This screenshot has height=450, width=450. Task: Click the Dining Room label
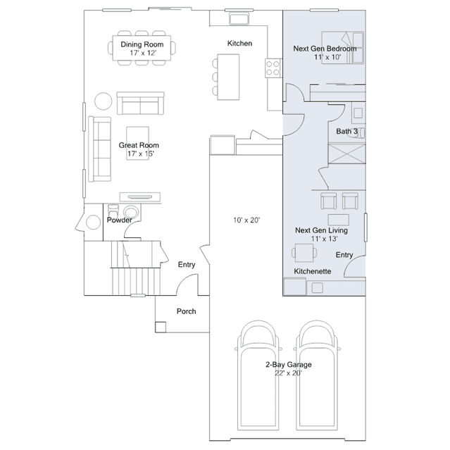click(x=142, y=44)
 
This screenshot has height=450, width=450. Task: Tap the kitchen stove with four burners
click(x=273, y=68)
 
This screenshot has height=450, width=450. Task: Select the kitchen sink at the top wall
click(x=239, y=18)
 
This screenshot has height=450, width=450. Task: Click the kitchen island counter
click(x=228, y=77)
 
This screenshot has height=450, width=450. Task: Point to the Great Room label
click(x=139, y=145)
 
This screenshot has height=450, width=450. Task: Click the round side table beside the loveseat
click(x=104, y=101)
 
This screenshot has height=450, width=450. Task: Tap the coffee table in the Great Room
click(x=138, y=143)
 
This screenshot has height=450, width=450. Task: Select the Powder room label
click(x=120, y=220)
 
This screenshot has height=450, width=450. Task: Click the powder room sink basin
click(x=131, y=213)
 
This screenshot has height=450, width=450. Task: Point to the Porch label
click(x=186, y=311)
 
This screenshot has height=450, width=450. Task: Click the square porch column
click(x=161, y=327)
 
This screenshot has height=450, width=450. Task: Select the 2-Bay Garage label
click(x=289, y=365)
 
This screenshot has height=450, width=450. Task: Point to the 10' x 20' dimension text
click(x=246, y=220)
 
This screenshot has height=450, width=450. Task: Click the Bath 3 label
click(x=346, y=132)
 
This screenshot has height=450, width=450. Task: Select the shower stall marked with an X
click(x=346, y=154)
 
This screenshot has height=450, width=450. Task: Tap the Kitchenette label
click(x=313, y=271)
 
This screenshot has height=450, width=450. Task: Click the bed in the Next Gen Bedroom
click(x=343, y=48)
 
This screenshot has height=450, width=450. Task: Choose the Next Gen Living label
click(x=321, y=230)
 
